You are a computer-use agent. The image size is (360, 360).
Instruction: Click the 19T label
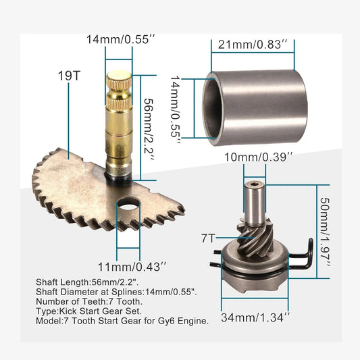[69, 76]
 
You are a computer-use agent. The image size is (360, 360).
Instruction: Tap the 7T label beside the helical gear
[208, 238]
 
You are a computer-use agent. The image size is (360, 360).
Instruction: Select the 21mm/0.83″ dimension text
[253, 44]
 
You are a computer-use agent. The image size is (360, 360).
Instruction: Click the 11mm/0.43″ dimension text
[132, 267]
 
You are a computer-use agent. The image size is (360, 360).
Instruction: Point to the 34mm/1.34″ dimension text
[255, 317]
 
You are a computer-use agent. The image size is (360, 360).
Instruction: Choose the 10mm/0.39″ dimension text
[258, 157]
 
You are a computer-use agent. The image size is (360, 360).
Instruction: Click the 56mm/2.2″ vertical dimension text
[149, 130]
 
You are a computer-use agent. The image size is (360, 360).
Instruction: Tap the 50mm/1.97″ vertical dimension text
[325, 232]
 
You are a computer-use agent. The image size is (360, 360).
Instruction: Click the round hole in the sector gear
[128, 204]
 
